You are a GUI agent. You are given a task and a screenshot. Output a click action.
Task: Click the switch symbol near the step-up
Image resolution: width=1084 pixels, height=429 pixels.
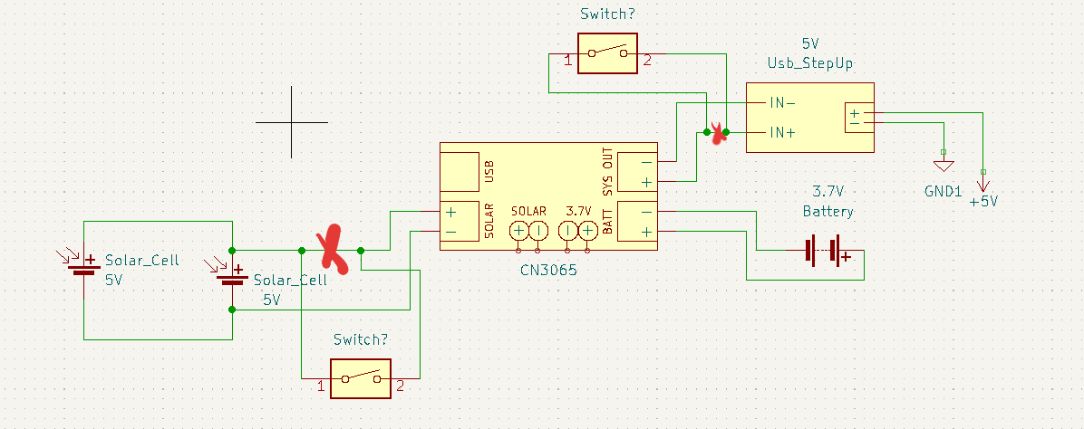(607, 53)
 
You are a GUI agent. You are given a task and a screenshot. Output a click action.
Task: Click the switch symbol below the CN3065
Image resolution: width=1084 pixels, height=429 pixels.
(361, 378)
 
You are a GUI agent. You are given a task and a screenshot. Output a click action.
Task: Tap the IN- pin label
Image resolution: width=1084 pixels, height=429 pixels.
(782, 102)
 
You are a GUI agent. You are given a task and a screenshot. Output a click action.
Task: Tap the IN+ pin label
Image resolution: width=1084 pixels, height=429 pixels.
(782, 132)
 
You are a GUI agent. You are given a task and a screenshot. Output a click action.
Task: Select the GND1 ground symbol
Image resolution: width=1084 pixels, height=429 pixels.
(944, 166)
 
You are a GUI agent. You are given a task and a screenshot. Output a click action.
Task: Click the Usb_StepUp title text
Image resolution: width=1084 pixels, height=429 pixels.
(809, 62)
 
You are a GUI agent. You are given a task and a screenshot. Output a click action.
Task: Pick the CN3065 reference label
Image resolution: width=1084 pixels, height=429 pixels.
(547, 270)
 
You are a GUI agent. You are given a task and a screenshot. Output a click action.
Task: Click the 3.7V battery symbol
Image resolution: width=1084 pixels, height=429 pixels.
(825, 251)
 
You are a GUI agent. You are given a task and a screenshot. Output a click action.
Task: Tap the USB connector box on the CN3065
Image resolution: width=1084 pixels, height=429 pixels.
(460, 170)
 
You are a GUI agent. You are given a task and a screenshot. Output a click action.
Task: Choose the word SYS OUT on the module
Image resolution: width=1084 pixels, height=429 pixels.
(608, 170)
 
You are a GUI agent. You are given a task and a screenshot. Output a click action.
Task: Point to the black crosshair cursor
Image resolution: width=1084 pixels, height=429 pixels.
(291, 121)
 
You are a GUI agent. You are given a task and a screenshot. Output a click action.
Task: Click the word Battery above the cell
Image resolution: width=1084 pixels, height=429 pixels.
(828, 211)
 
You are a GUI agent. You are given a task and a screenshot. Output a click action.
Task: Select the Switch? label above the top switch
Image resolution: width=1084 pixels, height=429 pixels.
(607, 14)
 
